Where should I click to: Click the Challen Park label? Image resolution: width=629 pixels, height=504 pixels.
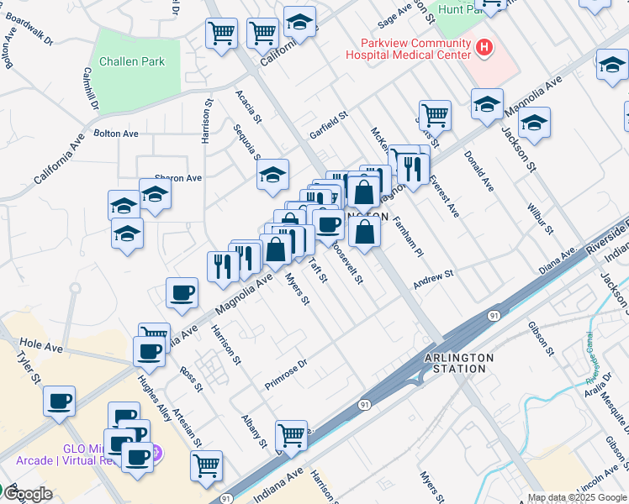[x=132, y=61]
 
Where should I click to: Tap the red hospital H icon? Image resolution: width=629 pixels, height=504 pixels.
[x=484, y=49]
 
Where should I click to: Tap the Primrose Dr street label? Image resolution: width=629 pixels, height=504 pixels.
[x=287, y=364]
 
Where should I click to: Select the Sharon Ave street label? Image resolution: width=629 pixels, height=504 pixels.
[x=178, y=178]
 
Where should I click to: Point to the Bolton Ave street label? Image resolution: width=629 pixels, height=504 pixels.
[x=115, y=134]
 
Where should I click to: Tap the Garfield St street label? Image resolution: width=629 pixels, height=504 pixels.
[x=328, y=125]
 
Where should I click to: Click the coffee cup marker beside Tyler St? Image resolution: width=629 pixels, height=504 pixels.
[x=59, y=402]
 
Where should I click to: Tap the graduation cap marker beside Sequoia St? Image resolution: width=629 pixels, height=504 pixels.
[x=272, y=175]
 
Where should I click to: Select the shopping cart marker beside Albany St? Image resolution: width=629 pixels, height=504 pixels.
[x=291, y=435]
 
